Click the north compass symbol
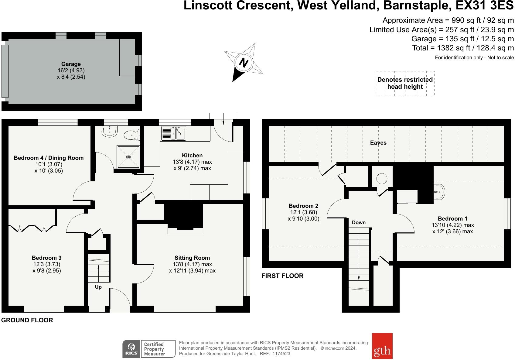[x=244, y=63]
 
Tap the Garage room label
[x=71, y=64]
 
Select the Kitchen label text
[x=192, y=156]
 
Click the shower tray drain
[x=128, y=157]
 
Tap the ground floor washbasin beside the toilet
[x=109, y=132]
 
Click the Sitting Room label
[x=192, y=258]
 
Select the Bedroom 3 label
[x=47, y=258]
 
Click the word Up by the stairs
[x=98, y=287]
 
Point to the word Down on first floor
[x=359, y=223]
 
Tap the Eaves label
[x=378, y=143]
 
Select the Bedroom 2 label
[x=304, y=206]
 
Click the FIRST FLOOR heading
[x=282, y=276]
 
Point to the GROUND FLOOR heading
[x=27, y=320]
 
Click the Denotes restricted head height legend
[x=405, y=83]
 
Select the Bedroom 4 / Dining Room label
[x=49, y=158]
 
